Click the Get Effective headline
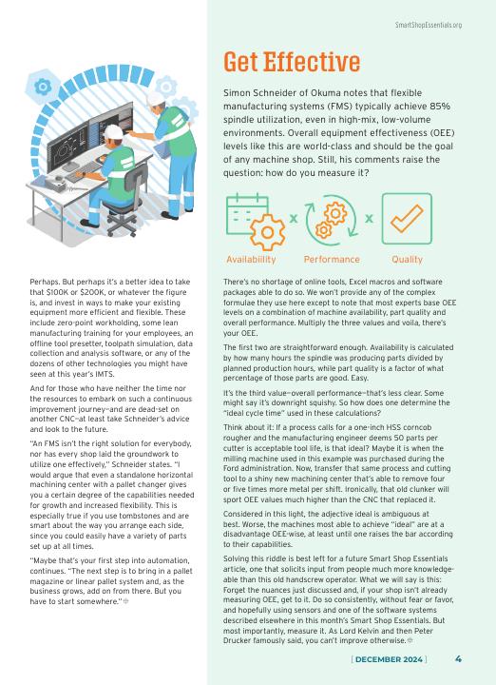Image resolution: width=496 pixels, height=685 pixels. pos(292,62)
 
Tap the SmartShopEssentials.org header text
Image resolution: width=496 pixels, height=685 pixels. pos(428,25)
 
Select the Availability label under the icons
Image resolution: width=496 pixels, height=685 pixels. pos(251,260)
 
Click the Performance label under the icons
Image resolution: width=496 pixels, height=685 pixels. pos(332,260)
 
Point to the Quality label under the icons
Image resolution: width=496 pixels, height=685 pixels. pos(407,260)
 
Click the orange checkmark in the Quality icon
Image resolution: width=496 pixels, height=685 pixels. pos(407,219)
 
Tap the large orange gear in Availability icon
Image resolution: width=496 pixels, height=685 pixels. pos(267,232)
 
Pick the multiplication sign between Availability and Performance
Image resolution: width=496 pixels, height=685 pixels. pos(294,218)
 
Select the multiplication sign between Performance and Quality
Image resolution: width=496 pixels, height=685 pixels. pos(369,218)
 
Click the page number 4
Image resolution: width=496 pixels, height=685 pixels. pos(458,658)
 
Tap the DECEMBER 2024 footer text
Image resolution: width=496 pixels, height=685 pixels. pos(390,659)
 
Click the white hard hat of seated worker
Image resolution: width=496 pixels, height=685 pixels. pos(113,131)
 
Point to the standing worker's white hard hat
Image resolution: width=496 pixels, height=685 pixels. pos(155,99)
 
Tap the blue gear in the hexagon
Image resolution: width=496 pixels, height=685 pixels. pos(43,87)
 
